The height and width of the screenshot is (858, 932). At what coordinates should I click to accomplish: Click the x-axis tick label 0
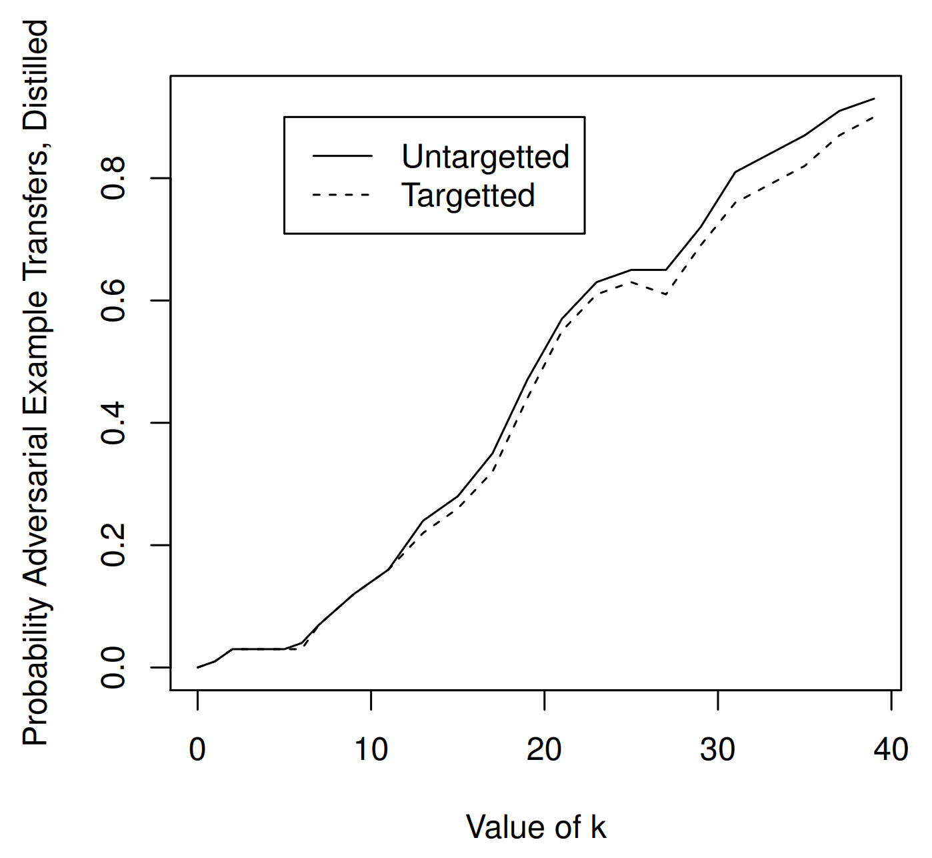(x=197, y=750)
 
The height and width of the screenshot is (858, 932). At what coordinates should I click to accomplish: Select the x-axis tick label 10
(x=371, y=750)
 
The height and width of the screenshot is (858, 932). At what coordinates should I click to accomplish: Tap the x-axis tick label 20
(x=544, y=750)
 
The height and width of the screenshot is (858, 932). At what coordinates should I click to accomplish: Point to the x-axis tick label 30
(x=718, y=750)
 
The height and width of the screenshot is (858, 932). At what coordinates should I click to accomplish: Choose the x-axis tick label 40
(x=891, y=750)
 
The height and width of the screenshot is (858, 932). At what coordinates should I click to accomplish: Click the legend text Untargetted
(x=485, y=157)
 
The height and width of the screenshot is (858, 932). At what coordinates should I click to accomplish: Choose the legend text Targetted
(x=468, y=195)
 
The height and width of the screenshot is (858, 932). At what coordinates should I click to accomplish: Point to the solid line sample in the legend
(x=343, y=157)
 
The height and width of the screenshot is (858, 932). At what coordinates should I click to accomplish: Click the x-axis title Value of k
(x=536, y=827)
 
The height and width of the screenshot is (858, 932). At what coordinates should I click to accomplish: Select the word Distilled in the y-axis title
(x=37, y=74)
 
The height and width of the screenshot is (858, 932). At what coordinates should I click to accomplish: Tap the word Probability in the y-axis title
(x=37, y=670)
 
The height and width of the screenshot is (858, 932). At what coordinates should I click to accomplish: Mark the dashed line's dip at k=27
(x=665, y=294)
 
